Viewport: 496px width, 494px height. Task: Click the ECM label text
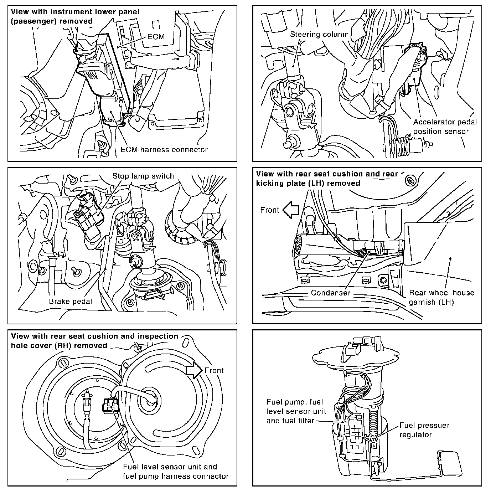coord(156,36)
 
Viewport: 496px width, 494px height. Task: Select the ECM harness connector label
coord(164,150)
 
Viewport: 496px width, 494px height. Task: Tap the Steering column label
coord(319,35)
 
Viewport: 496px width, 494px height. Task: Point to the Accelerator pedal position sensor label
coord(445,127)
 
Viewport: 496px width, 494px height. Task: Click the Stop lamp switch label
coord(143,176)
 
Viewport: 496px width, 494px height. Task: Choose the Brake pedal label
coord(71,302)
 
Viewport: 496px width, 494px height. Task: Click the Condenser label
coord(331,293)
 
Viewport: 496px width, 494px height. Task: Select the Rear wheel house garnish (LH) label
coord(441,298)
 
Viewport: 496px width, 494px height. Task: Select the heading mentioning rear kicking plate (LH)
coord(326,179)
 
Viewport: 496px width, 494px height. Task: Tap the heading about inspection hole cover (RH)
coord(94,341)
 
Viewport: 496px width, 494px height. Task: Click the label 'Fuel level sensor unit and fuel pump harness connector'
coord(175,471)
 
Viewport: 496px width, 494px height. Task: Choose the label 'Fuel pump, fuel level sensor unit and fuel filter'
coord(296,411)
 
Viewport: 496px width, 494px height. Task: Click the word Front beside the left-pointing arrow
coord(270,210)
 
